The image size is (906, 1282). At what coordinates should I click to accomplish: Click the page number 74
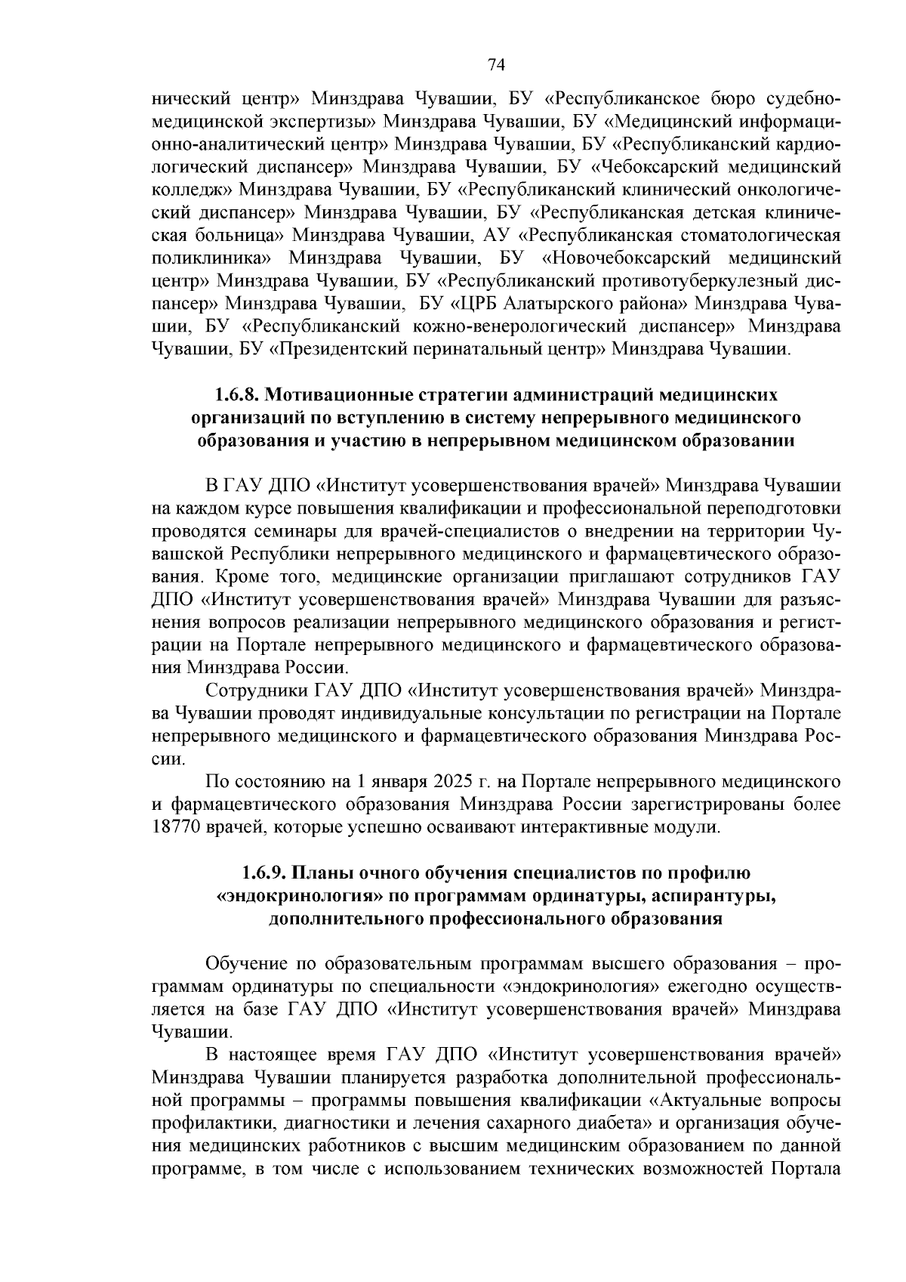496,64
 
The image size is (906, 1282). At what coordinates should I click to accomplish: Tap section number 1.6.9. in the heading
263,873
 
